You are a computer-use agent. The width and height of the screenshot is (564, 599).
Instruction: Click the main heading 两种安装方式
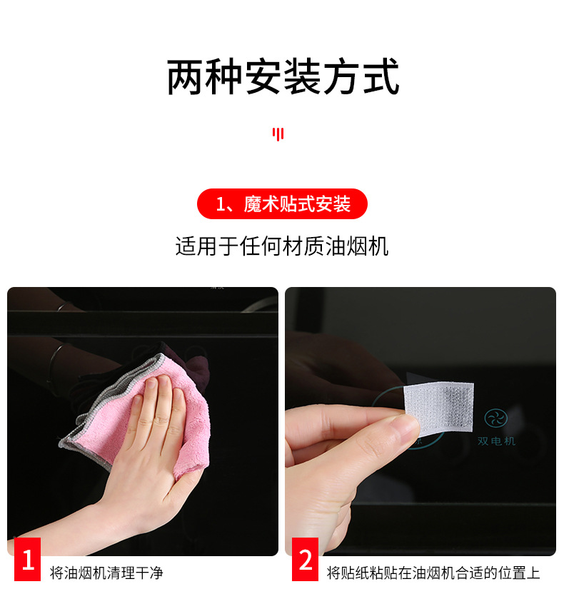282,78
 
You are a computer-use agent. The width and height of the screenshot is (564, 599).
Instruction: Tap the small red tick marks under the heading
278,134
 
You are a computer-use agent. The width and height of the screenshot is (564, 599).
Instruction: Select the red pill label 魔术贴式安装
282,205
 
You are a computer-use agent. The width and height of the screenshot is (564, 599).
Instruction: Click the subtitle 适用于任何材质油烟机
282,247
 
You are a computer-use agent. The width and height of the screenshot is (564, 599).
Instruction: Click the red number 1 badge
28,559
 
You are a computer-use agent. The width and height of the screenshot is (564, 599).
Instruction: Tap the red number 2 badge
306,559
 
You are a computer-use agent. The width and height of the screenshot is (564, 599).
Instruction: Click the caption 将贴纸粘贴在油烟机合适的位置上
433,573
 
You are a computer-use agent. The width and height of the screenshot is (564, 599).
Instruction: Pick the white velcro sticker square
438,408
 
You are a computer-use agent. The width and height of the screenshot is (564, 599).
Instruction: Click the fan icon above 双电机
495,418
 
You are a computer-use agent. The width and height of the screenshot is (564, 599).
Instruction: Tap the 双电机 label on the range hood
496,441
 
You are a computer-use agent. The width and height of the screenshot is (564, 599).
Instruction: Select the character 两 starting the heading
184,78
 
